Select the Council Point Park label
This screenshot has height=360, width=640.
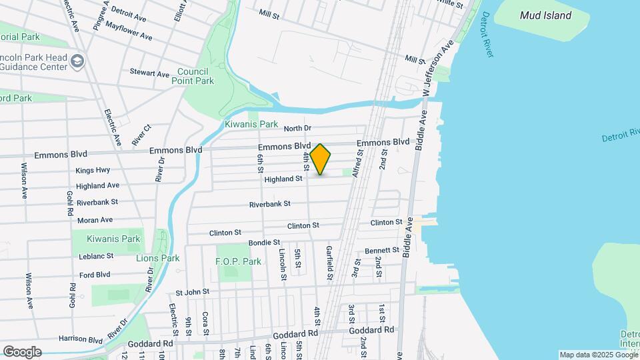pyautogui.click(x=195, y=76)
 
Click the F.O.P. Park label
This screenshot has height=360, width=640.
pyautogui.click(x=239, y=262)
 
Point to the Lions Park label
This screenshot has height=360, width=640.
pyautogui.click(x=158, y=258)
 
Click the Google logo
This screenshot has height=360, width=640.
pyautogui.click(x=22, y=351)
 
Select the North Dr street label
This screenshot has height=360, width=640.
pyautogui.click(x=297, y=129)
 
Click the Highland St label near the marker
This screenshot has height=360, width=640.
pyautogui.click(x=283, y=179)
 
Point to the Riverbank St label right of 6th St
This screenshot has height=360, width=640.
pyautogui.click(x=270, y=204)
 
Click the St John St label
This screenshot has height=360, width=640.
pyautogui.click(x=193, y=292)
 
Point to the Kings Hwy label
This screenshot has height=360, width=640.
pyautogui.click(x=93, y=171)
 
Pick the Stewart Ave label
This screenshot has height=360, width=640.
pyautogui.click(x=149, y=73)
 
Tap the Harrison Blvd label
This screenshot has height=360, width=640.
pyautogui.click(x=83, y=339)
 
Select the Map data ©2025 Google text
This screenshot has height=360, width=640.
pyautogui.click(x=598, y=355)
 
